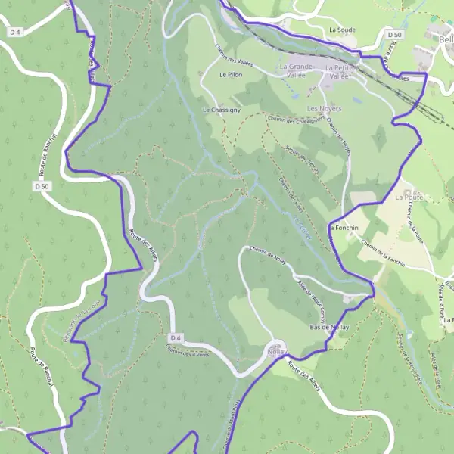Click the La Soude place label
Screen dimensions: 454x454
[x=342, y=30]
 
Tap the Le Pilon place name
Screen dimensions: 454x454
[x=229, y=75]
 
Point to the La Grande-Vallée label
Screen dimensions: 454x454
[x=297, y=71]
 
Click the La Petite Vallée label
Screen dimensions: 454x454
[x=340, y=71]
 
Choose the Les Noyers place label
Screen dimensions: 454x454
[x=324, y=108]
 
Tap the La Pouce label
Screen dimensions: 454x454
[x=407, y=197]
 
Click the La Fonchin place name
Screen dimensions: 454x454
[x=343, y=227]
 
